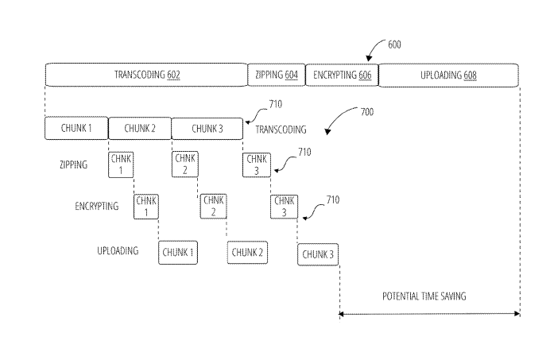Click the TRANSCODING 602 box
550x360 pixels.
coord(146,75)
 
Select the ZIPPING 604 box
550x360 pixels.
coord(277,75)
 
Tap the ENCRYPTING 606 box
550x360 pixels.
coord(342,75)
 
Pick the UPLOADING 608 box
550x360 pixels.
coord(448,75)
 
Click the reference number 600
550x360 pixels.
coord(394,45)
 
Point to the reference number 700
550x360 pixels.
coord(367,112)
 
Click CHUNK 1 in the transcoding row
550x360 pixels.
coord(76,128)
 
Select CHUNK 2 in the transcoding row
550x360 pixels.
coord(140,129)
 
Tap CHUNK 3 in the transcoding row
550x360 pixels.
coord(207,129)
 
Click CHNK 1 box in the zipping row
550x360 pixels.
coord(121,165)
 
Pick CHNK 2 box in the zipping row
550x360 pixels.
coord(185,165)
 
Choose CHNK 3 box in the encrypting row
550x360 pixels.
coord(284,207)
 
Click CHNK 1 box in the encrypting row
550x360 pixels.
coord(146,207)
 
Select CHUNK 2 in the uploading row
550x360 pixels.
coord(247,252)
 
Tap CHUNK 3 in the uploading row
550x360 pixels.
coord(318,254)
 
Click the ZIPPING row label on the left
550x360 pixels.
coord(74,165)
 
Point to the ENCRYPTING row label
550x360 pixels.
coord(97,206)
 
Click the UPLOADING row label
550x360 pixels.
coord(118,251)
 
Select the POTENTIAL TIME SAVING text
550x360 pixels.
coord(424,296)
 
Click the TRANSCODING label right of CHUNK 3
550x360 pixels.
coord(281,130)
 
